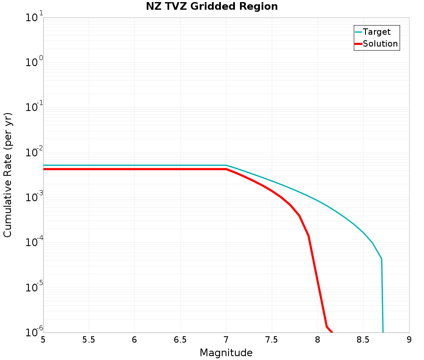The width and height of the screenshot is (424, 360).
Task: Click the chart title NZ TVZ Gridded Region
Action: [212, 7]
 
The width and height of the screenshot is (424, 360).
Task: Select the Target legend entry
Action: [377, 32]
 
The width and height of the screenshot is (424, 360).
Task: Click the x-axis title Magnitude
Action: [226, 353]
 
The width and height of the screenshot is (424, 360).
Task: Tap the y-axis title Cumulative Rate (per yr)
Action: [8, 175]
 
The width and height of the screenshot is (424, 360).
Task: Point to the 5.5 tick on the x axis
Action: [89, 340]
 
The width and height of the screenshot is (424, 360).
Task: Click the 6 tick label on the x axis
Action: [135, 340]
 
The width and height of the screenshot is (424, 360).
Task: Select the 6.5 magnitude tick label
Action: [180, 340]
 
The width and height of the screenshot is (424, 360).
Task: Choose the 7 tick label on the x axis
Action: [226, 340]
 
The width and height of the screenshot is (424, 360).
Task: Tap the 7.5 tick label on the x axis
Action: [272, 340]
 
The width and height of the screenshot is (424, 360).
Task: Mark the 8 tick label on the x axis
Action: [318, 340]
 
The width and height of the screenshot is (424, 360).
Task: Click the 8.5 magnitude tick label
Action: [363, 340]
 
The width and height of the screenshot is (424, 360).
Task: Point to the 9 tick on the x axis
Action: [409, 340]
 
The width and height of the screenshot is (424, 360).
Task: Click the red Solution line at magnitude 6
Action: [135, 169]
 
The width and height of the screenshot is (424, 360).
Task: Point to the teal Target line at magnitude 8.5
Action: [363, 233]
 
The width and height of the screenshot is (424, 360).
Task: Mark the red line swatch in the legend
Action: [358, 44]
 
